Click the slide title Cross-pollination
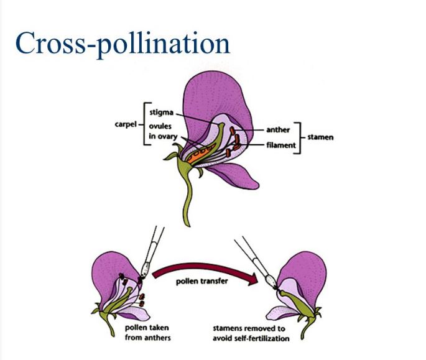point(123,43)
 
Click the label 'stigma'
point(160,112)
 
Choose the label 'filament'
point(277,144)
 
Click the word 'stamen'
point(320,136)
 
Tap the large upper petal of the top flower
point(211,93)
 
